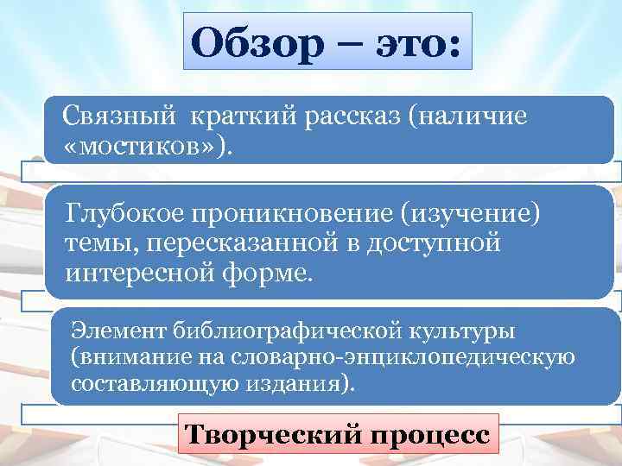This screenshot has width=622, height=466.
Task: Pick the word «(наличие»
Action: point(470,116)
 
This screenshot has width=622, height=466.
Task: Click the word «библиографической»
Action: point(281,329)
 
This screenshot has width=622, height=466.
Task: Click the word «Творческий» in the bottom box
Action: point(269,431)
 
